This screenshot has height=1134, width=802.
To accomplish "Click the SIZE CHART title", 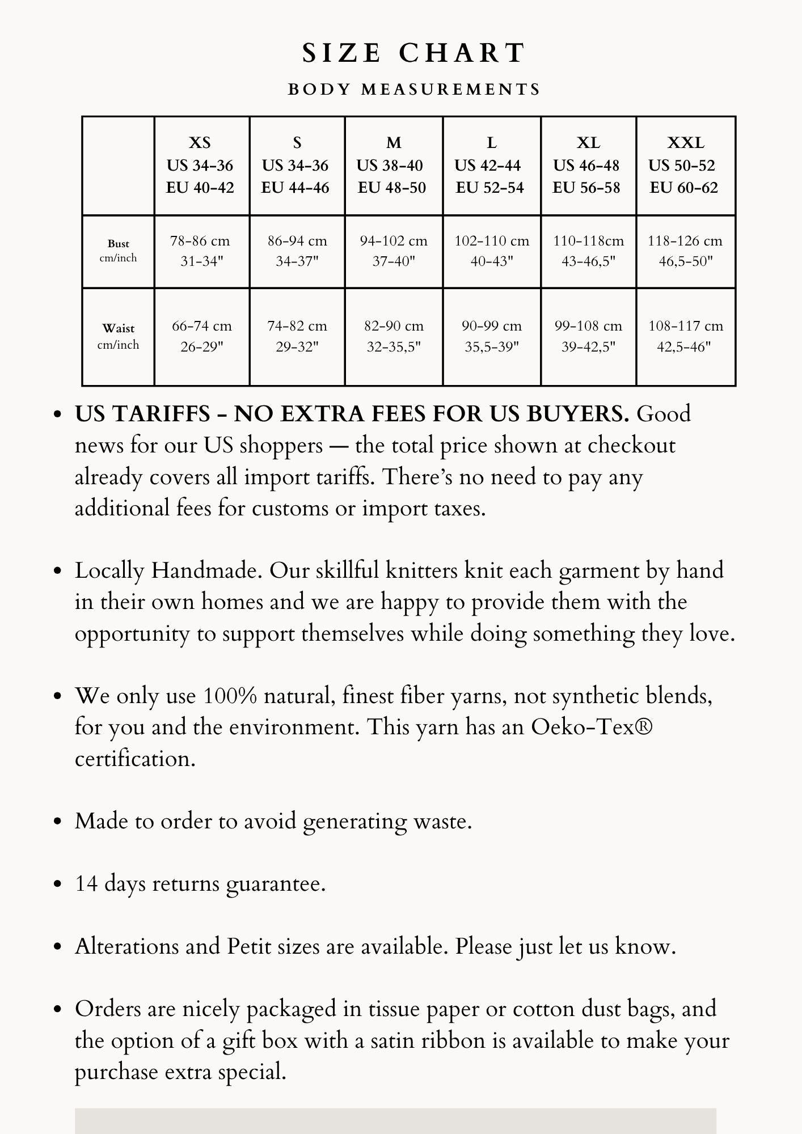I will pos(414,53).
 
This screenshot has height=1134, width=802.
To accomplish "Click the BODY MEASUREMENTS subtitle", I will pos(414,90).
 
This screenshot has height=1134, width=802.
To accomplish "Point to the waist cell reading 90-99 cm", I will pos(491,336).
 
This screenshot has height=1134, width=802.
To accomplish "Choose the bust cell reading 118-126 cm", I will pos(685,251).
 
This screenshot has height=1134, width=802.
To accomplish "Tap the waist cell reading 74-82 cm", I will pos(297,336).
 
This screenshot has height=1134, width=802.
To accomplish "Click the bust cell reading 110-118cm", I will pos(588,251).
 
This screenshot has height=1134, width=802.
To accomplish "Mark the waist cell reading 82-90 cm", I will pos(394,336).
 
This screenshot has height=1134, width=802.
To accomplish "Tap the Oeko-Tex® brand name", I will pos(592,727).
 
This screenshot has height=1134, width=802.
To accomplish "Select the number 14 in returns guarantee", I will pos(87,884).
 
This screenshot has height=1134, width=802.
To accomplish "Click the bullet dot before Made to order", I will pos(57,822).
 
